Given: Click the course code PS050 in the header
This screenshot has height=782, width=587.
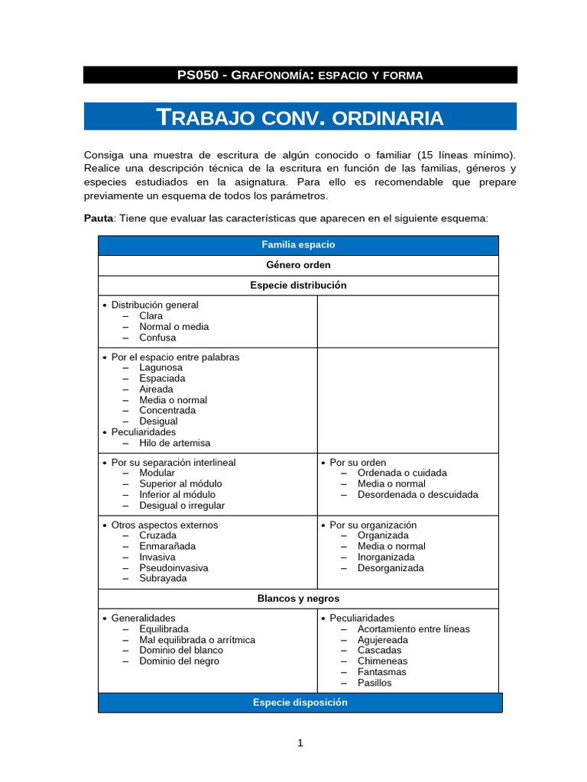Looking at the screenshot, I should (196, 75).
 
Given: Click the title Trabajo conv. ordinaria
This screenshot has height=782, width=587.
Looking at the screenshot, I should (300, 118).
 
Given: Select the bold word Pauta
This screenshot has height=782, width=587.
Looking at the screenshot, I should (98, 218).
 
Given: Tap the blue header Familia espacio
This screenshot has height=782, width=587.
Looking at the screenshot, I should (298, 245).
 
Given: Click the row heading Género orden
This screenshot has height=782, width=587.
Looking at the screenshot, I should (298, 265).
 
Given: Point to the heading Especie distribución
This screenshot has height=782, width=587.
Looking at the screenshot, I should (298, 285).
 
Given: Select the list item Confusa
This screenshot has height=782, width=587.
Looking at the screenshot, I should (157, 338).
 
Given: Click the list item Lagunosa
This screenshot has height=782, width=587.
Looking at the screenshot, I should (161, 367).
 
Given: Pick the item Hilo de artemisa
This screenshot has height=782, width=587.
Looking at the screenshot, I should (174, 443).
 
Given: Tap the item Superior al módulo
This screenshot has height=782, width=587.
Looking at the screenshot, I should (180, 483).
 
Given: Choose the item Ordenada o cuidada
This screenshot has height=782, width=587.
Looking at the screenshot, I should (402, 473).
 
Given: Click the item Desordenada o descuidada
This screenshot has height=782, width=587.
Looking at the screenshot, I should (417, 494).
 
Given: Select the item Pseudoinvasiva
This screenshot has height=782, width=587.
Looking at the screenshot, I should (174, 567).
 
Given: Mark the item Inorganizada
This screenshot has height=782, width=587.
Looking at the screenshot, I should (386, 557).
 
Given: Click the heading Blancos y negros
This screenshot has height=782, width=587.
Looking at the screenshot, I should (298, 599).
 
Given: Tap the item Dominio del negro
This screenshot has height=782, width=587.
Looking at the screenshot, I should (179, 661).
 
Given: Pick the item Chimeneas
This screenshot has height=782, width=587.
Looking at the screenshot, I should (382, 661).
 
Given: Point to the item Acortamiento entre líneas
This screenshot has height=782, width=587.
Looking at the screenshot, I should (413, 629).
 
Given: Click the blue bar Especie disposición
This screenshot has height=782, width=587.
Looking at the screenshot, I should (300, 703).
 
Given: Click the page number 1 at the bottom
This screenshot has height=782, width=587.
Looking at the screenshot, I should (300, 743).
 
